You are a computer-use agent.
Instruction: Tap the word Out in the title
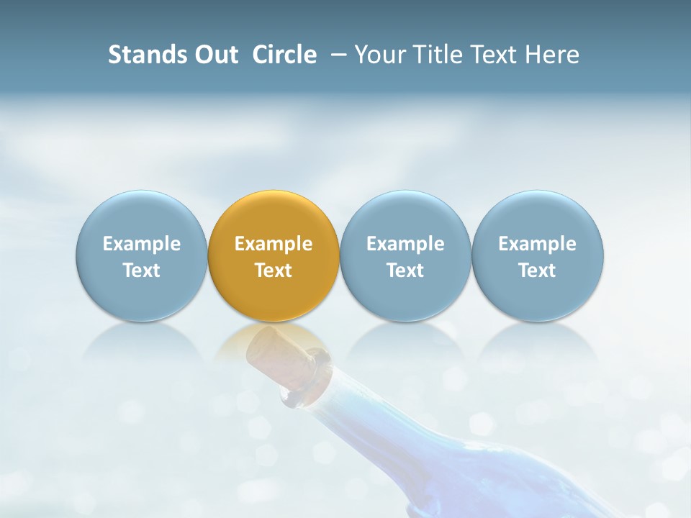point(214,55)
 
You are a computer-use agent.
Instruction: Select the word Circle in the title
point(284,55)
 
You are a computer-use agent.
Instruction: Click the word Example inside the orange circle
point(274,244)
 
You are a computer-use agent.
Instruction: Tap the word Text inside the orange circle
point(274,271)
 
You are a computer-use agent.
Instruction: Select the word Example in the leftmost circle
point(141,244)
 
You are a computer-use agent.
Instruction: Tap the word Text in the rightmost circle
point(538,271)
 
